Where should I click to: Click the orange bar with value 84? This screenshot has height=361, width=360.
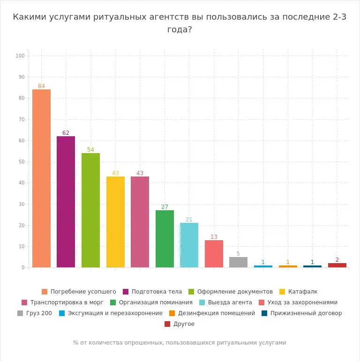click(x=41, y=178)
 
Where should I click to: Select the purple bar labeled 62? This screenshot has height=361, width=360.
click(x=66, y=202)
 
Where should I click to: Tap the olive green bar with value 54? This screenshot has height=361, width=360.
click(x=90, y=210)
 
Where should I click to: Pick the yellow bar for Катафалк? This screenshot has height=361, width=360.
click(x=115, y=222)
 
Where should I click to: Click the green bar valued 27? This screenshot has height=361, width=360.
click(x=165, y=239)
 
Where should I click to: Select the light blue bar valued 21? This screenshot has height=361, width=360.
click(x=189, y=245)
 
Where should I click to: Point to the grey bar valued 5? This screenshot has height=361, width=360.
click(x=238, y=262)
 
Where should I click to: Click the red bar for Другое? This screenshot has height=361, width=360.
click(x=337, y=265)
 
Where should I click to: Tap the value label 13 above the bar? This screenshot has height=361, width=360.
click(x=214, y=237)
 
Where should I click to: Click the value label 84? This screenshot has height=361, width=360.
click(x=41, y=86)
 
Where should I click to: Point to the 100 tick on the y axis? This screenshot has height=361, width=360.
click(x=20, y=56)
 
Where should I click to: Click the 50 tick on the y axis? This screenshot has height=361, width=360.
click(x=21, y=162)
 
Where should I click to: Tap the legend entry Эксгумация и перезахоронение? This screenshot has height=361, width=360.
click(x=115, y=313)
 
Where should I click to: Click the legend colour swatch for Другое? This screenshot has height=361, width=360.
click(x=167, y=324)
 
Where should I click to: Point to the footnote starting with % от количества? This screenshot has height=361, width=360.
click(x=180, y=343)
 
